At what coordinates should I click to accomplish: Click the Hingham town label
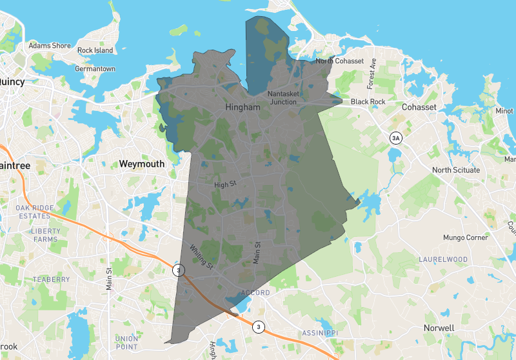[243, 108]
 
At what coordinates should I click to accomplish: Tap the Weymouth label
[142, 165]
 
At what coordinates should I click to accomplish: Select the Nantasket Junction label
[283, 97]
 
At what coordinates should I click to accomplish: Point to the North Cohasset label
[340, 61]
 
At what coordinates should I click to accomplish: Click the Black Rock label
[368, 102]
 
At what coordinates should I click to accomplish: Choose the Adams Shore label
[49, 46]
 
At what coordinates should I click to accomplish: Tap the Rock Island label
[95, 50]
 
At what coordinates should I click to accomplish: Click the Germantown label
[95, 68]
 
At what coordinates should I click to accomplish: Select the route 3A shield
[396, 138]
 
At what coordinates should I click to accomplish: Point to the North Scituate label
[456, 170]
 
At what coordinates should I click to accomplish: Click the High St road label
[226, 185]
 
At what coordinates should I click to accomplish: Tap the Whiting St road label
[201, 255]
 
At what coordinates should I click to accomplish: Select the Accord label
[254, 293]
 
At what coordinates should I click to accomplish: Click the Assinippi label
[321, 333]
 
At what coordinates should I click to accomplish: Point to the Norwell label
[439, 328]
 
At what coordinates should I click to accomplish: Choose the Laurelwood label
[442, 259]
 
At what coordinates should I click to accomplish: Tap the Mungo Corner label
[466, 237]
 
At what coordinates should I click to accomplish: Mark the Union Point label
[126, 342]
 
